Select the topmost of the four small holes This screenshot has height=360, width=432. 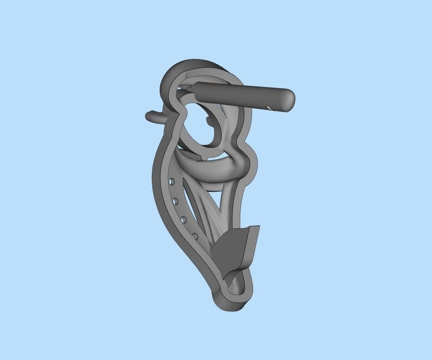(x=171, y=182)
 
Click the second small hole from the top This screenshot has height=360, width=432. (x=175, y=201)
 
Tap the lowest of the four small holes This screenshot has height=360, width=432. (x=195, y=236)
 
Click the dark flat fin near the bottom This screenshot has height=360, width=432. (x=232, y=250)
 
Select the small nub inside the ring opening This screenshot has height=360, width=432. (x=210, y=121)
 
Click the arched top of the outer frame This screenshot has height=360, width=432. (x=192, y=66)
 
